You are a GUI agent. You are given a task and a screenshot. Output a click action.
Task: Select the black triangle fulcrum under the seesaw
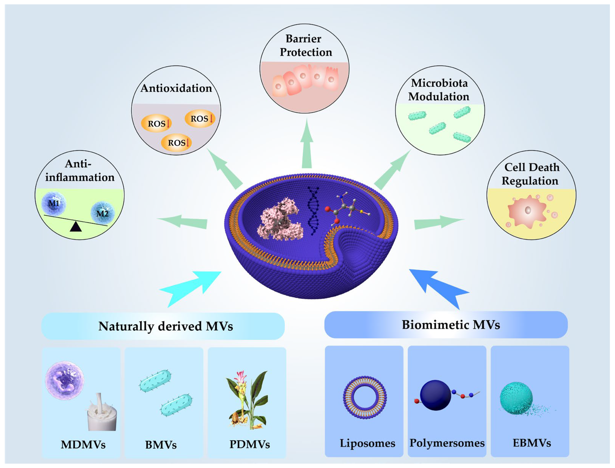click(75, 227)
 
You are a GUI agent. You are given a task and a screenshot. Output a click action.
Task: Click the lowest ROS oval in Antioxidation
click(176, 143)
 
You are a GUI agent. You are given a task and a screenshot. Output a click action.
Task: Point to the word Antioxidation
click(176, 88)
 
